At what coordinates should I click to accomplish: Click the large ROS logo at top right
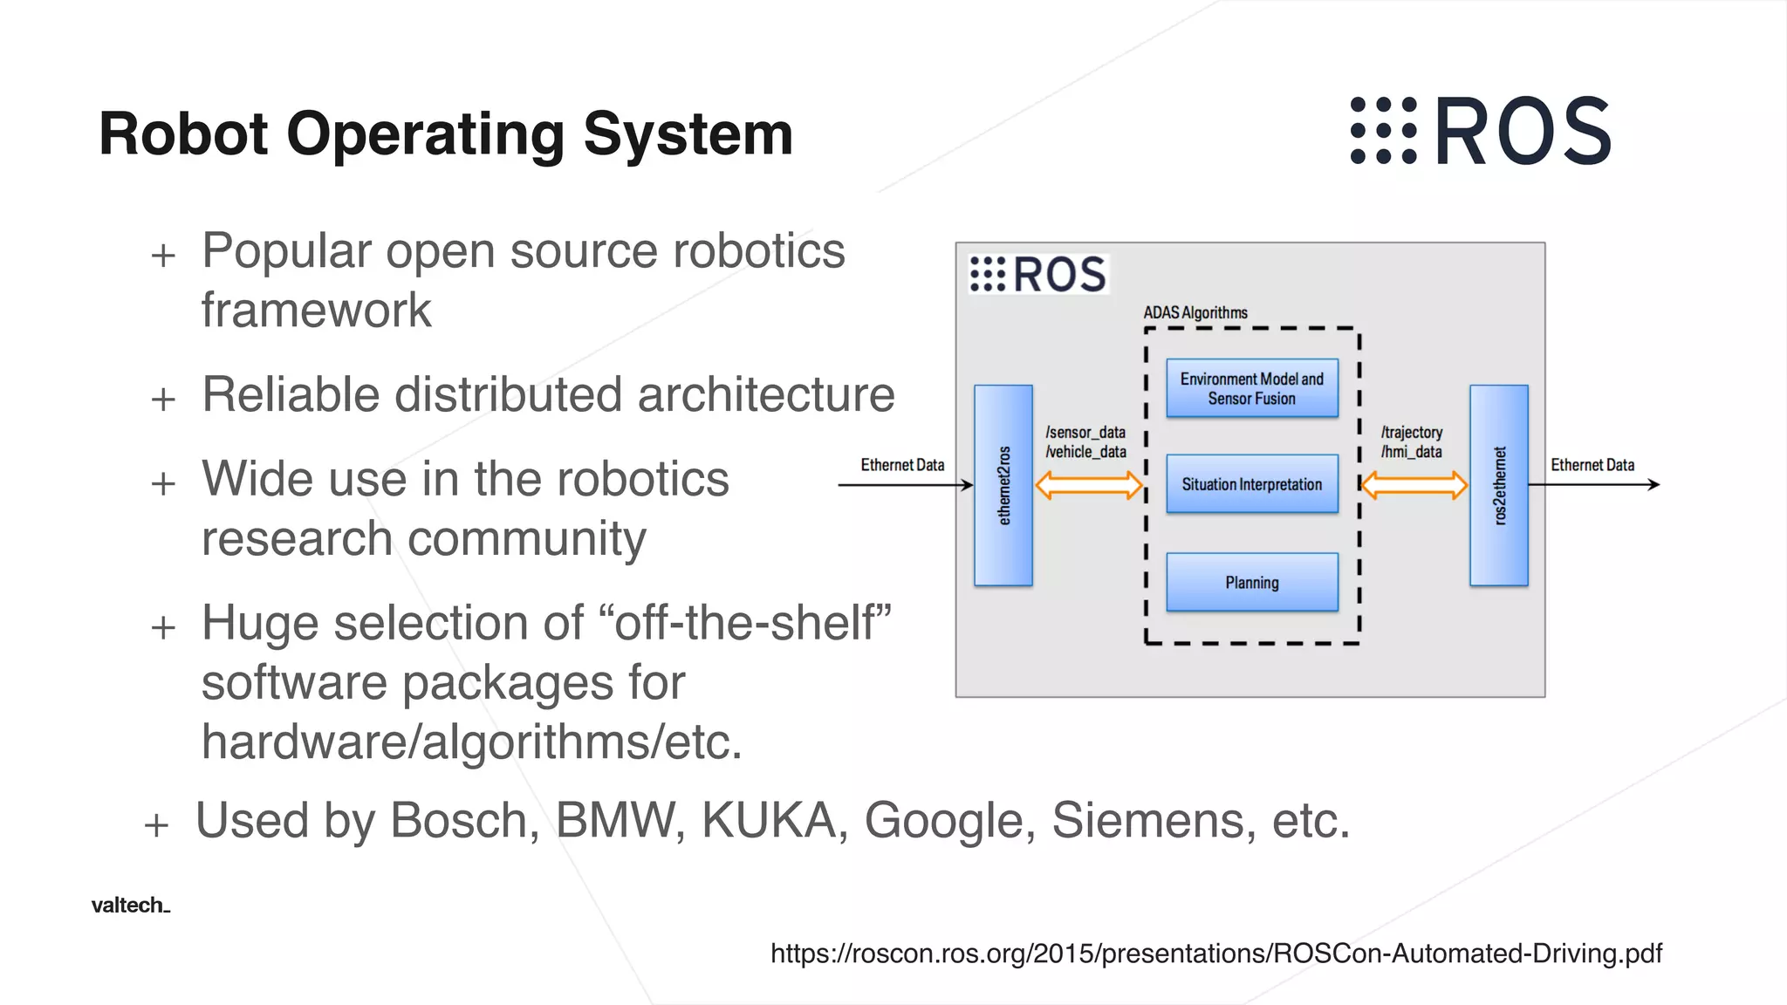pyautogui.click(x=1480, y=131)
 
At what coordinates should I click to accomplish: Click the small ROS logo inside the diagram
pyautogui.click(x=1038, y=274)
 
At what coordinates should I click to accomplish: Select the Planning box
pyautogui.click(x=1251, y=582)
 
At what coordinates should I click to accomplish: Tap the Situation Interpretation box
pyautogui.click(x=1251, y=484)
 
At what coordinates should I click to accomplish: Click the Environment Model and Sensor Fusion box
pyautogui.click(x=1251, y=388)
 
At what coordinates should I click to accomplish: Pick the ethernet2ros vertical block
pyautogui.click(x=1003, y=485)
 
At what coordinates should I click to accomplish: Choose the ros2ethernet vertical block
pyautogui.click(x=1498, y=485)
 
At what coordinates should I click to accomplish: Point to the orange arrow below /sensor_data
pyautogui.click(x=1088, y=485)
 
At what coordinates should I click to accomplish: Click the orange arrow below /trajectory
pyautogui.click(x=1414, y=485)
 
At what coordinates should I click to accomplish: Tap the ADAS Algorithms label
pyautogui.click(x=1195, y=312)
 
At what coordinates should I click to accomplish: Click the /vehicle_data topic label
pyautogui.click(x=1085, y=452)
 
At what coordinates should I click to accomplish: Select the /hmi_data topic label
pyautogui.click(x=1411, y=452)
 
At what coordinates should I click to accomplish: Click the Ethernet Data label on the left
pyautogui.click(x=902, y=465)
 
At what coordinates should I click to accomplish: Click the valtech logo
pyautogui.click(x=130, y=906)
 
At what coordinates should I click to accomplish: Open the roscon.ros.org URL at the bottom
pyautogui.click(x=1215, y=954)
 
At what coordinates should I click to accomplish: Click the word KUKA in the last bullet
pyautogui.click(x=769, y=821)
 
